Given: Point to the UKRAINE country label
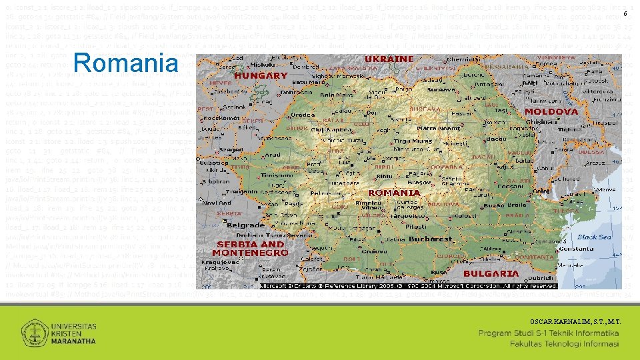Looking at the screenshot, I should click(389, 59).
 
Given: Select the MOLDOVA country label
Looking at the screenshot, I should click(551, 111).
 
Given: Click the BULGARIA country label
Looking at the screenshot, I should click(491, 273).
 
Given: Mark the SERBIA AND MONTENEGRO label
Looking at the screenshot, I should click(249, 249).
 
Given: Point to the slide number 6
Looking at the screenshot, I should click(625, 15).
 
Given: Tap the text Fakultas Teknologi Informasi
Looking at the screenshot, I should click(565, 344).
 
